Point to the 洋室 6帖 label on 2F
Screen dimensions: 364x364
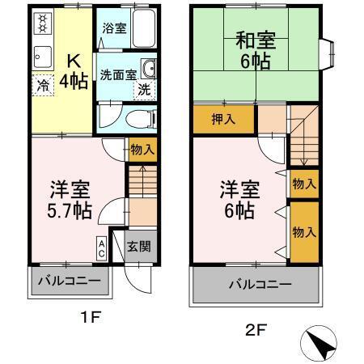pos(238,199)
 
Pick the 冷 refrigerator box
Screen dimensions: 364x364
pos(42,83)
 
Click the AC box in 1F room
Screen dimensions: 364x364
pos(101,247)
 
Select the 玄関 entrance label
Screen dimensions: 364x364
pos(138,247)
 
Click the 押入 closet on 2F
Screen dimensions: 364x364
pos(222,121)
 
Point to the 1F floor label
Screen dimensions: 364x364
pos(90,317)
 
